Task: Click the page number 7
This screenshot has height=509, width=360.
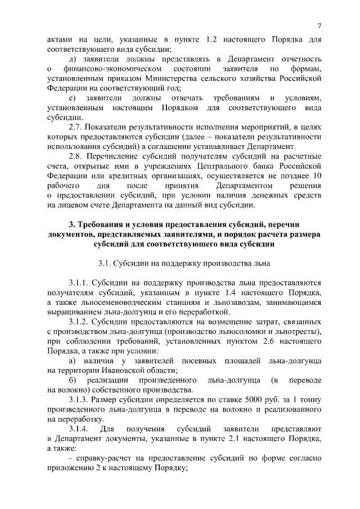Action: pos(319,26)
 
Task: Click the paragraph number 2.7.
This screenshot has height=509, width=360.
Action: pos(76,127)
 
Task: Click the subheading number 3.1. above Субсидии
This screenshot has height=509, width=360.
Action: pos(105,263)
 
